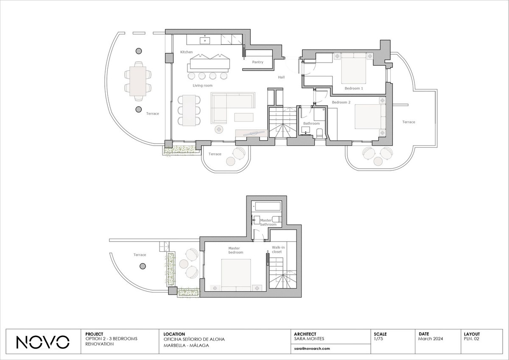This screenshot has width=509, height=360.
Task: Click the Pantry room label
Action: pos(257,62)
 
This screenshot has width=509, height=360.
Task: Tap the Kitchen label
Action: pos(186,52)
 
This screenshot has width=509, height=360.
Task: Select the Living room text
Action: pos(202,85)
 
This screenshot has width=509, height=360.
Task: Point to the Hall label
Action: pos(281,77)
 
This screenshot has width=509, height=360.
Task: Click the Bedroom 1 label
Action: pos(354,88)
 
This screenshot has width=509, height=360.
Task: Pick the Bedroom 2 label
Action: pos(341,102)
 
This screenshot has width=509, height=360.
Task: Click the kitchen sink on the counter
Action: pos(46,41)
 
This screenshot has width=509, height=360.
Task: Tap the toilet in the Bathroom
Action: pos(319,133)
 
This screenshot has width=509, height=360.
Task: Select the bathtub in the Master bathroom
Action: pos(268,207)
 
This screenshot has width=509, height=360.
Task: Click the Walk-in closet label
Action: pos(278,250)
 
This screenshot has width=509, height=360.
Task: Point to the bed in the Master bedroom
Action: pos(236,275)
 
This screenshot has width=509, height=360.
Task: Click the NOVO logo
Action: pos(43,342)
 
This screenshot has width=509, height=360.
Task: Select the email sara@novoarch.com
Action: pos(312,349)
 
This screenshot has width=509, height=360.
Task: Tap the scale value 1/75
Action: pos(378,338)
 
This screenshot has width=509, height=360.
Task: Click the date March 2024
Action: pos(431,339)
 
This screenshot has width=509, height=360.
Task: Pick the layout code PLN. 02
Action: pos(472,339)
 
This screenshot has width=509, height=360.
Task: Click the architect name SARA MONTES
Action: pos(309,339)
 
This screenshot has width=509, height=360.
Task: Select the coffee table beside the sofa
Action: pos(244,117)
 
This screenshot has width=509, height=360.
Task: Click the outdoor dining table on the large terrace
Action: pos(138,81)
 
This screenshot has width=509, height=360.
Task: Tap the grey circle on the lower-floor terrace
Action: pos(143,266)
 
